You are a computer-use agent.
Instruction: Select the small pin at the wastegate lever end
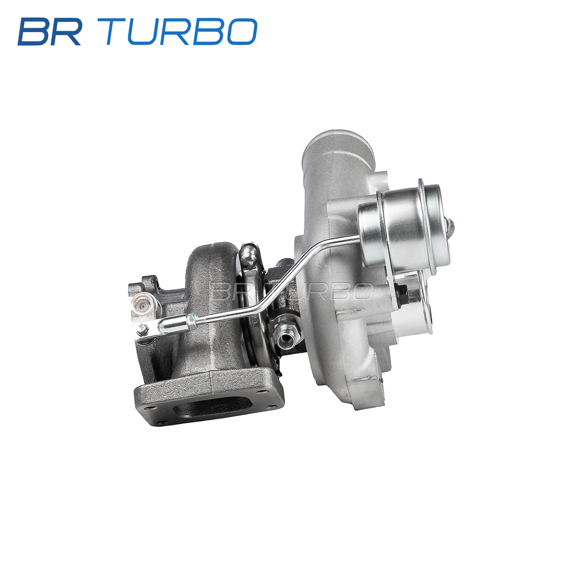[141, 329]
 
